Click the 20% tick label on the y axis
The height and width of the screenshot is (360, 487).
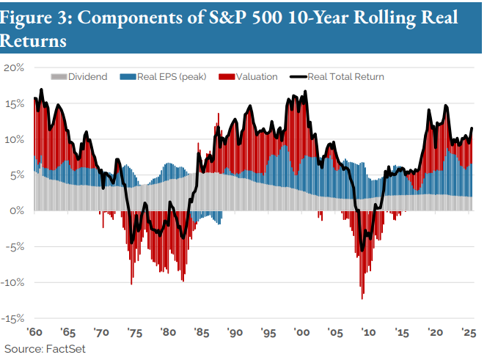pyautogui.click(x=15, y=67)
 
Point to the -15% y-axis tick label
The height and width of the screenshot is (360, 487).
pyautogui.click(x=13, y=318)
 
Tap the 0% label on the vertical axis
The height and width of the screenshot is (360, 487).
pyautogui.click(x=18, y=210)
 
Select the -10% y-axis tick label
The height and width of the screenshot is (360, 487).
pyautogui.click(x=13, y=282)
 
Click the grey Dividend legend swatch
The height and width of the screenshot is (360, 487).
pyautogui.click(x=58, y=76)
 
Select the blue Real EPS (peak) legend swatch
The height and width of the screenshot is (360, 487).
pyautogui.click(x=127, y=76)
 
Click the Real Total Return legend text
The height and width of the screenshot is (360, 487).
pyautogui.click(x=345, y=76)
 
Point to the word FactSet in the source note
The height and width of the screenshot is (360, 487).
pyautogui.click(x=67, y=348)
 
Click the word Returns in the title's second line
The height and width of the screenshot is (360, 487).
pyautogui.click(x=34, y=42)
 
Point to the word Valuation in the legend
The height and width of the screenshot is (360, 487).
pyautogui.click(x=257, y=76)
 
